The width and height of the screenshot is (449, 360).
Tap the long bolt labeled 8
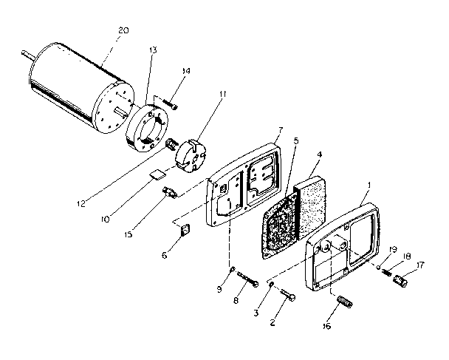point(247,284)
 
